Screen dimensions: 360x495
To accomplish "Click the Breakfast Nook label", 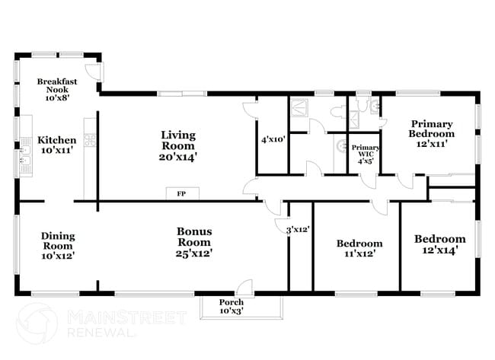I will (x=57, y=89).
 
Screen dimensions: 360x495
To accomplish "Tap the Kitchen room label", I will (x=57, y=145).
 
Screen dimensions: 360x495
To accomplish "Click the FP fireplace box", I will (x=181, y=194).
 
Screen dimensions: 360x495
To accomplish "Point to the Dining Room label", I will (x=58, y=245).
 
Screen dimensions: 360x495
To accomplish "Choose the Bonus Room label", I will (x=194, y=242).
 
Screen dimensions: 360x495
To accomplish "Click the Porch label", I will (x=232, y=307).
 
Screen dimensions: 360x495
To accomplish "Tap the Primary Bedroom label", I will (x=431, y=133).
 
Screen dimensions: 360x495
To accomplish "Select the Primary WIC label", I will (x=366, y=155).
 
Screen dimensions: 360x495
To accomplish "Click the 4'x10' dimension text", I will (x=273, y=140).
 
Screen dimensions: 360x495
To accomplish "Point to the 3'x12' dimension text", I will (x=297, y=228).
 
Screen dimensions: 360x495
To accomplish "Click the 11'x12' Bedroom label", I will (x=359, y=248).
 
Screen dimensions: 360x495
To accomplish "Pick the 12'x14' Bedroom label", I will (x=439, y=244).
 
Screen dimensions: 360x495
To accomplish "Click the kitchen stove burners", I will (x=89, y=139).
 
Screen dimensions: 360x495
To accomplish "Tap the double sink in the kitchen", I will (x=24, y=161).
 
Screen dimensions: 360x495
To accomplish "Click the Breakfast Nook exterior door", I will (x=92, y=72).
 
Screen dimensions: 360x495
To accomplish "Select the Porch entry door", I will (x=244, y=288).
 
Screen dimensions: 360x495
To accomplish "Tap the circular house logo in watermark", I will (x=36, y=323).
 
